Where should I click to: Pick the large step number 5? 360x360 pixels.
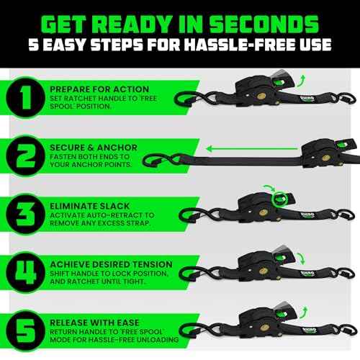point(27,328)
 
